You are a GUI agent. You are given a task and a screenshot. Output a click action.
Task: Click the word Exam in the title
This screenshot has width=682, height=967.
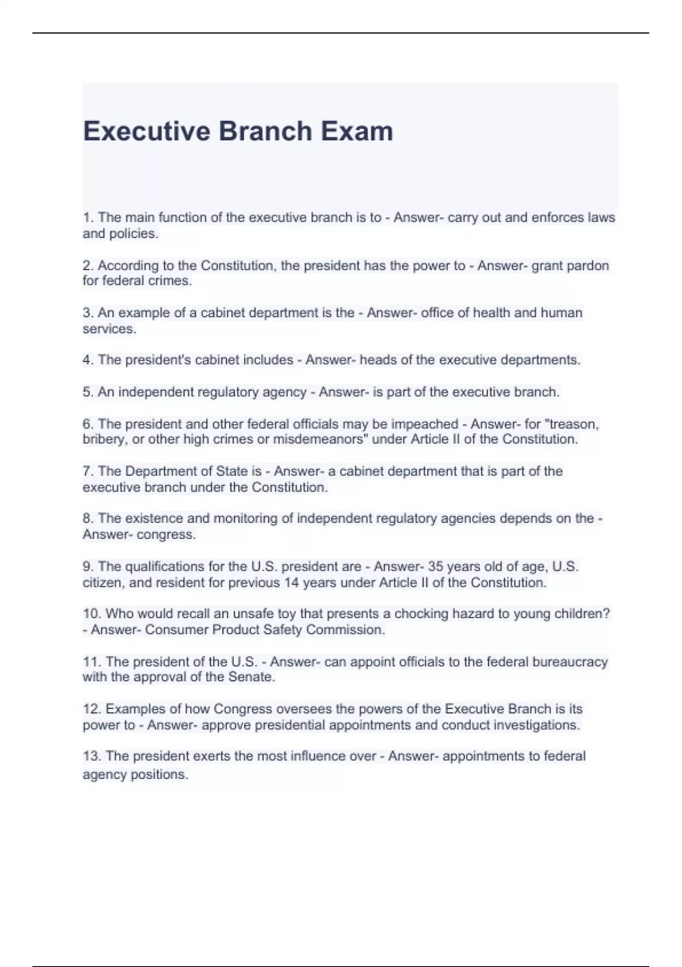[356, 131]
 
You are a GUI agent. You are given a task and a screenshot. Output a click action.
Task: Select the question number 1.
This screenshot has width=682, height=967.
[88, 218]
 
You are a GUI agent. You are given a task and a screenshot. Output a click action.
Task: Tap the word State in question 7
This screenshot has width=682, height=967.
[231, 472]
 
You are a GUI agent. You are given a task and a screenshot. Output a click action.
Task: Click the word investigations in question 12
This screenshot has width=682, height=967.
[536, 725]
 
